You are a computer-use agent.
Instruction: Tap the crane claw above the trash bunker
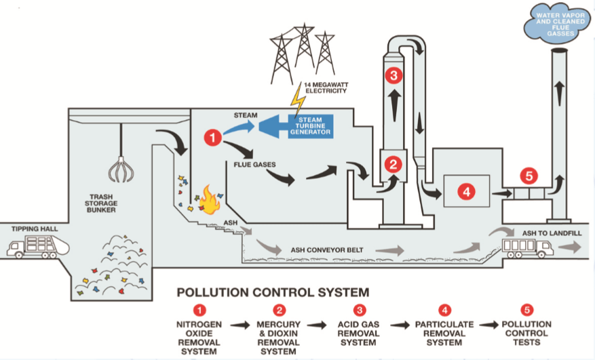point(119,170)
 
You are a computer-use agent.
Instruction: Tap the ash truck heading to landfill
point(527,249)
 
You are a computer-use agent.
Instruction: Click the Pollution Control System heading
point(273,293)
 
